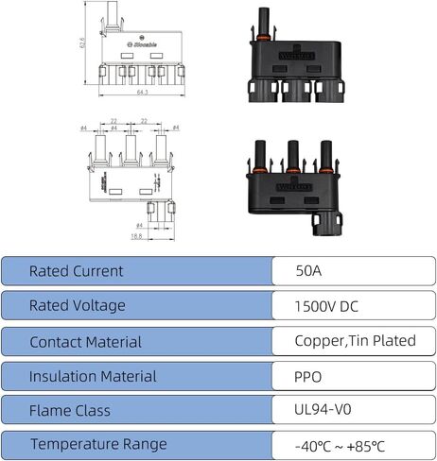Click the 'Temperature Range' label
(98, 444)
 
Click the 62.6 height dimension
(83, 42)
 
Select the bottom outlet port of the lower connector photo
(328, 225)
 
